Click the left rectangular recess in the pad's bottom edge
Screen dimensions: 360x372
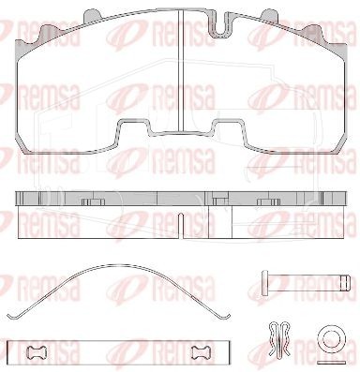[x=133, y=128]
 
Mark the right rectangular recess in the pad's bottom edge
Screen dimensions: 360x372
[x=228, y=128]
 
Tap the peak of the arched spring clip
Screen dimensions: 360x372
[x=119, y=264]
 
